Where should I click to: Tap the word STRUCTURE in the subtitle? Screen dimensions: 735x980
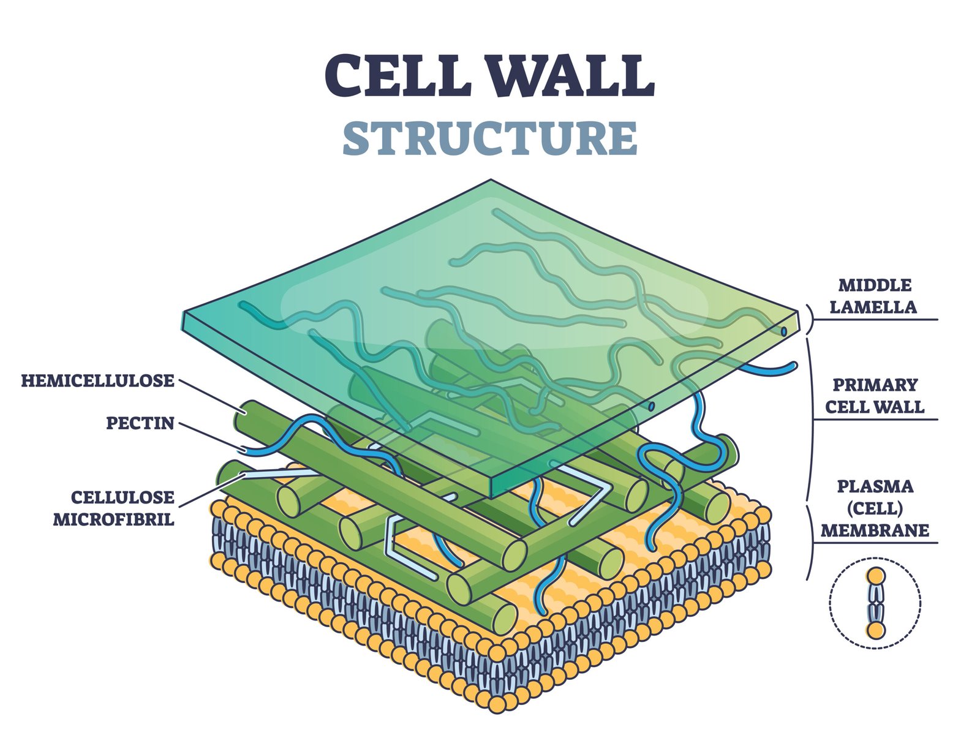(x=490, y=138)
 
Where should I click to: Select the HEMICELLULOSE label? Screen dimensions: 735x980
(x=98, y=381)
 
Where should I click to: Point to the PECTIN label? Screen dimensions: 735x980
(x=140, y=423)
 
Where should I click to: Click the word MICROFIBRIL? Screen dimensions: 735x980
(x=114, y=519)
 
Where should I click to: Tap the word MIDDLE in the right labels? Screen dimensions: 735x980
(x=875, y=285)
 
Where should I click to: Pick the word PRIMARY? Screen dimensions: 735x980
(x=875, y=385)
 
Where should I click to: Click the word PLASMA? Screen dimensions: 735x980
(x=875, y=487)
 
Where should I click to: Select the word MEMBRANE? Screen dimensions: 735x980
(x=875, y=530)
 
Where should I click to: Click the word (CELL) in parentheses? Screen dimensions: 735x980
(x=875, y=508)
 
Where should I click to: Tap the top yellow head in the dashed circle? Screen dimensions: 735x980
(x=876, y=576)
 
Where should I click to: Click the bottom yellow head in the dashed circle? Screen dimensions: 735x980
(x=876, y=630)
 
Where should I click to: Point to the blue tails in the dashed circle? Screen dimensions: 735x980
(x=876, y=603)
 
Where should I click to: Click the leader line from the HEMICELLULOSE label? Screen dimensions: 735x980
(x=208, y=396)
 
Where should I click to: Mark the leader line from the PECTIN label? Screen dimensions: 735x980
(x=208, y=435)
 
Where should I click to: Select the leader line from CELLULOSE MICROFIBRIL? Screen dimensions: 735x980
(x=208, y=490)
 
